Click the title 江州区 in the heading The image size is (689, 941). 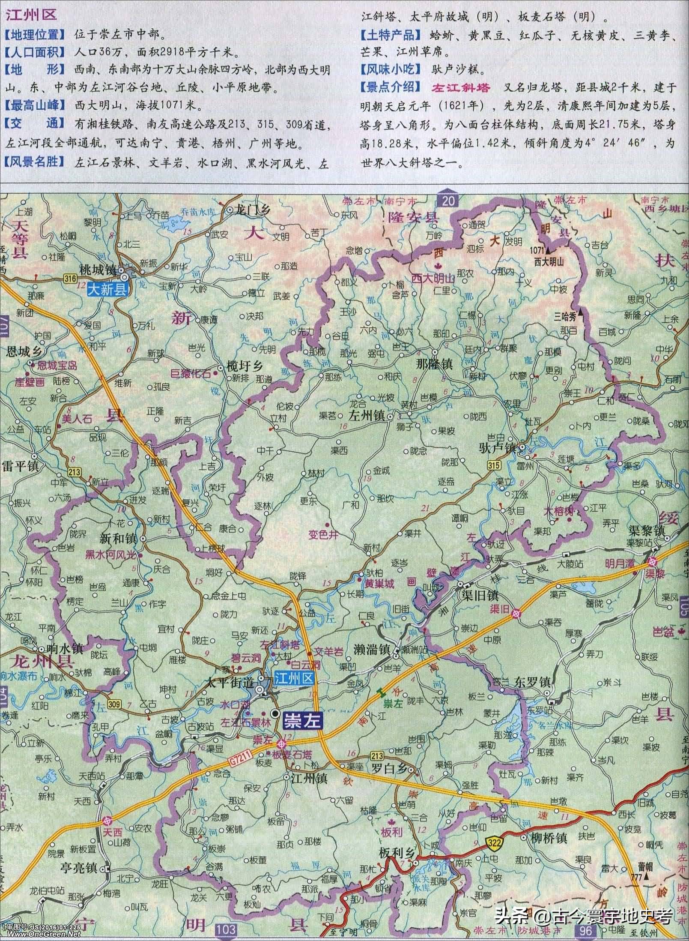(x=30, y=16)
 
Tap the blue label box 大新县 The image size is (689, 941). (x=107, y=290)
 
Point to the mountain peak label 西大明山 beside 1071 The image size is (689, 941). (x=549, y=261)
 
